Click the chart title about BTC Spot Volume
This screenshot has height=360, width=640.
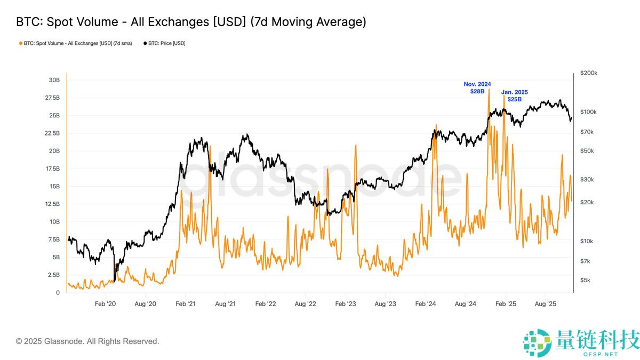[x=191, y=22]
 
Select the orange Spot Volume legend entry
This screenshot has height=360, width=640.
[x=75, y=43]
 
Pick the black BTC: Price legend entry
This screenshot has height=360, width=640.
[x=165, y=43]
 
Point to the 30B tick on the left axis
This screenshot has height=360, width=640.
[x=54, y=80]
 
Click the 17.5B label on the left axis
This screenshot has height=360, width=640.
[x=52, y=169]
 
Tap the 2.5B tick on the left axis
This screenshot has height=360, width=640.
[x=54, y=275]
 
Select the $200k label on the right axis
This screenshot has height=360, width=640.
[x=589, y=73]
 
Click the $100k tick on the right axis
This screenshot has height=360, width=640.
[x=589, y=112]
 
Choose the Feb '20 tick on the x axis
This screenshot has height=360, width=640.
[x=105, y=303]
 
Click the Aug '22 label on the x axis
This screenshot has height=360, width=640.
[x=305, y=303]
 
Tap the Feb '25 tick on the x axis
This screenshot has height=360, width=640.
[x=506, y=303]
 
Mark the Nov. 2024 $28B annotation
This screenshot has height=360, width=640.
[x=477, y=88]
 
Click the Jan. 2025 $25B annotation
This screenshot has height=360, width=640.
[x=515, y=96]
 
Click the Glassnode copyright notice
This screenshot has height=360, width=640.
[x=87, y=341]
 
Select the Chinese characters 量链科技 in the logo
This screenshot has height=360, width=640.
[x=597, y=339]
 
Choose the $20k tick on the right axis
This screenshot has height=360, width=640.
[x=588, y=202]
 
